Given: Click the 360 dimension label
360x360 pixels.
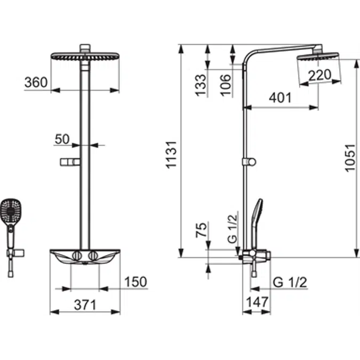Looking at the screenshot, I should pos(36,83).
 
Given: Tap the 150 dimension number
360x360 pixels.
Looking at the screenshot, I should pos(135,282).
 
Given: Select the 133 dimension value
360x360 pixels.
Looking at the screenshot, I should pos(200,85).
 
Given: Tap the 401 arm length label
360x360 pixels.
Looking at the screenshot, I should pos(280,98).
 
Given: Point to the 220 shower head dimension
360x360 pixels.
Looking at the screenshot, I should pos(320,75).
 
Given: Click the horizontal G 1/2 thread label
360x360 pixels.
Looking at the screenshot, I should pos(290,282).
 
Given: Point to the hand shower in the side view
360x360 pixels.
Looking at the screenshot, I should pos(257,221).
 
